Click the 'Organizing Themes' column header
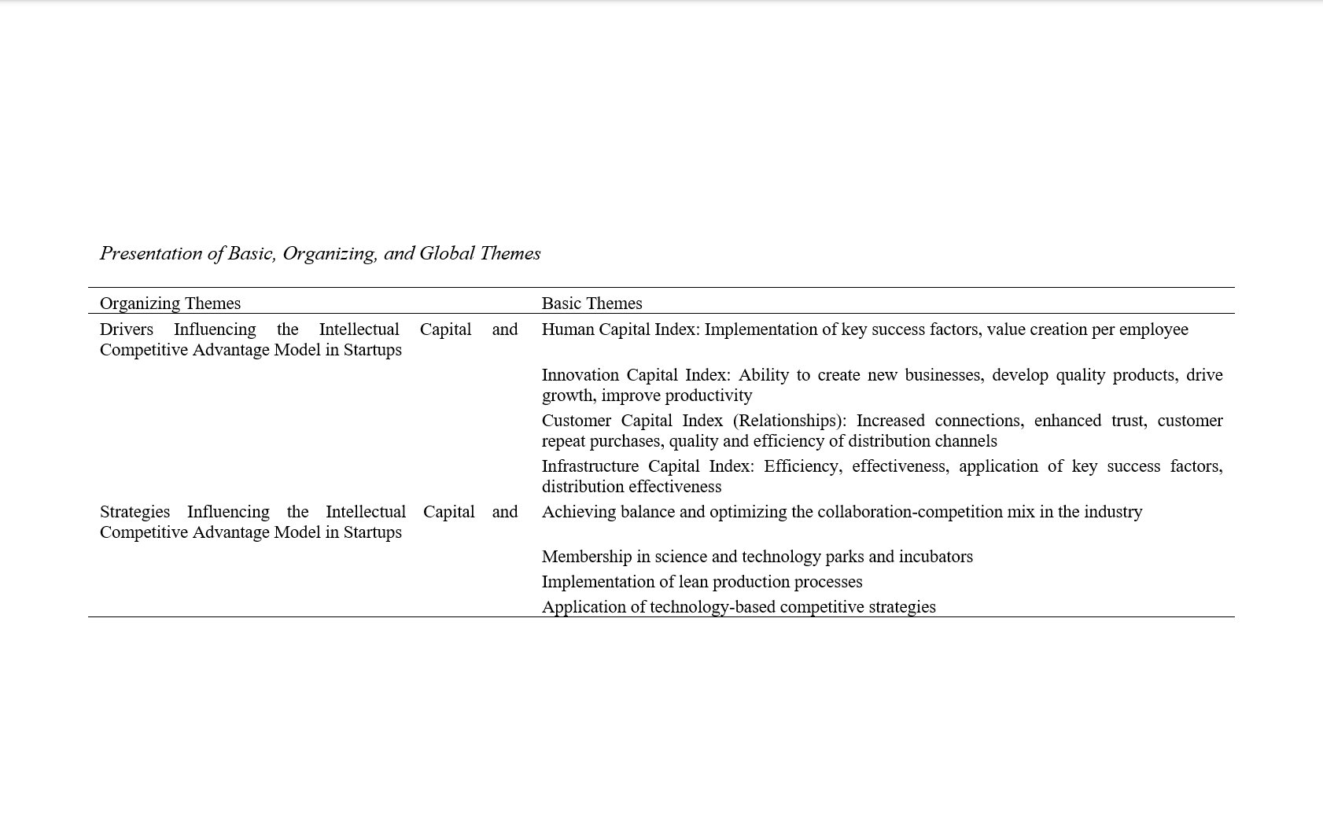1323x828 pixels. pyautogui.click(x=170, y=304)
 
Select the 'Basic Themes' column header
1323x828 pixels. pyautogui.click(x=591, y=304)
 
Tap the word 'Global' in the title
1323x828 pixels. pyautogui.click(x=447, y=253)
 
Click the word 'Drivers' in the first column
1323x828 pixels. pyautogui.click(x=126, y=329)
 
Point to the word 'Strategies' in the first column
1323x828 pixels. pyautogui.click(x=135, y=512)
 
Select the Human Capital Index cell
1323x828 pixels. pyautogui.click(x=864, y=329)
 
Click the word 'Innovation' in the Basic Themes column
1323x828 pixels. pyautogui.click(x=580, y=375)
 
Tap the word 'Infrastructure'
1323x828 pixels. pyautogui.click(x=589, y=466)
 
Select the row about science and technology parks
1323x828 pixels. pyautogui.click(x=757, y=557)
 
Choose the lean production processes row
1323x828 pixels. pyautogui.click(x=702, y=582)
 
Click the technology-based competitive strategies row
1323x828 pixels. pyautogui.click(x=739, y=607)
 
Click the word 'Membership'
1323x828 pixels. pyautogui.click(x=586, y=557)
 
